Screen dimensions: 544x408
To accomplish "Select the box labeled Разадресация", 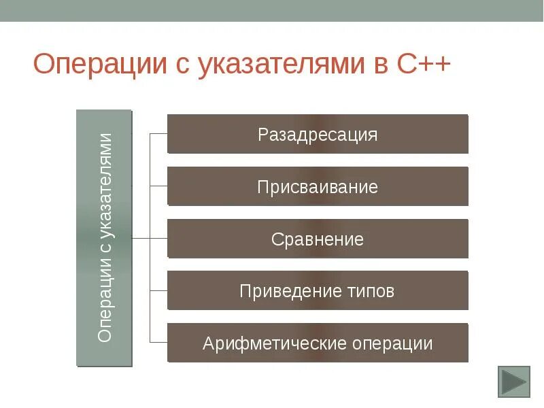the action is [318, 134].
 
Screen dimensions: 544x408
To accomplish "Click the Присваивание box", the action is [318, 186].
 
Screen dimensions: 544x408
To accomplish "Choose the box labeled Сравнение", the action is [318, 239].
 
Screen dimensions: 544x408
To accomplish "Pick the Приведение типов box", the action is [318, 291].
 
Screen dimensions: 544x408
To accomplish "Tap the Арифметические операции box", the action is [318, 343].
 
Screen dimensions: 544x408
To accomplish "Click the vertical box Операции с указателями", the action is [104, 238].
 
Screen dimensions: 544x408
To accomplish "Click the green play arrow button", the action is [513, 381].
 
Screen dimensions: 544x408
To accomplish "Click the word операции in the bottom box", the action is [392, 343].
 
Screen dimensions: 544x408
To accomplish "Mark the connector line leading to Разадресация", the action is [158, 134].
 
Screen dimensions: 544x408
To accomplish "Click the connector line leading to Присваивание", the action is [158, 186].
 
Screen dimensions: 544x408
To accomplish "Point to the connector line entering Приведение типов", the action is [158, 291].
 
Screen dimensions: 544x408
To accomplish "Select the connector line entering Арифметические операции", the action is [158, 343].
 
